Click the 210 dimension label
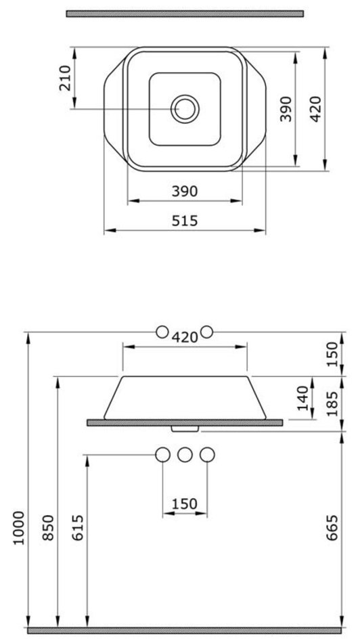tap(66, 78)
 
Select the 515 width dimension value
tap(185, 221)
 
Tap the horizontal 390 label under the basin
tap(185, 191)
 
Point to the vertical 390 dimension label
tap(286, 109)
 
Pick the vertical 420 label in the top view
tap(315, 109)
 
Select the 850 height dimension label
tap(48, 528)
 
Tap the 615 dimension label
tap(78, 528)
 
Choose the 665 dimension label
tap(333, 528)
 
